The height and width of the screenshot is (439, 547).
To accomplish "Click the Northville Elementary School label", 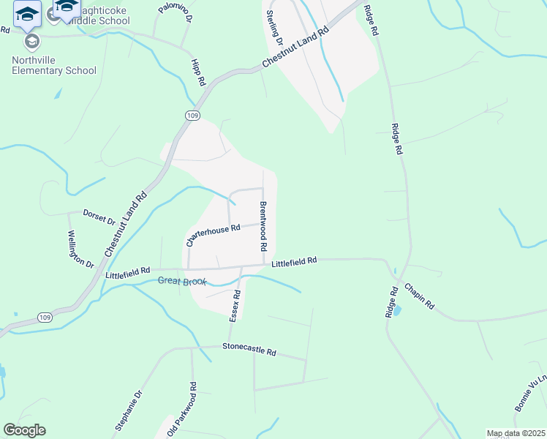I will tap(53, 65).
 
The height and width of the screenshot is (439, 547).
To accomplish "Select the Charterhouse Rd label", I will tap(213, 233).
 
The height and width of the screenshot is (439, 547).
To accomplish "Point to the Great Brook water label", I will tap(183, 281).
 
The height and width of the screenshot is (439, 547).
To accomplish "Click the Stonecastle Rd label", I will tap(249, 350).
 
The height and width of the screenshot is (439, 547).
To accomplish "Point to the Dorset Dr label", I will tap(99, 220).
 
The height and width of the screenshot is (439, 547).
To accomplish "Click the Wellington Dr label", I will tap(81, 249).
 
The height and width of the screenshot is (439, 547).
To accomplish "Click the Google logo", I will tap(24, 430).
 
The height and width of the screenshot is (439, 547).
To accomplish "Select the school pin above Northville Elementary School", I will tap(31, 40).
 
